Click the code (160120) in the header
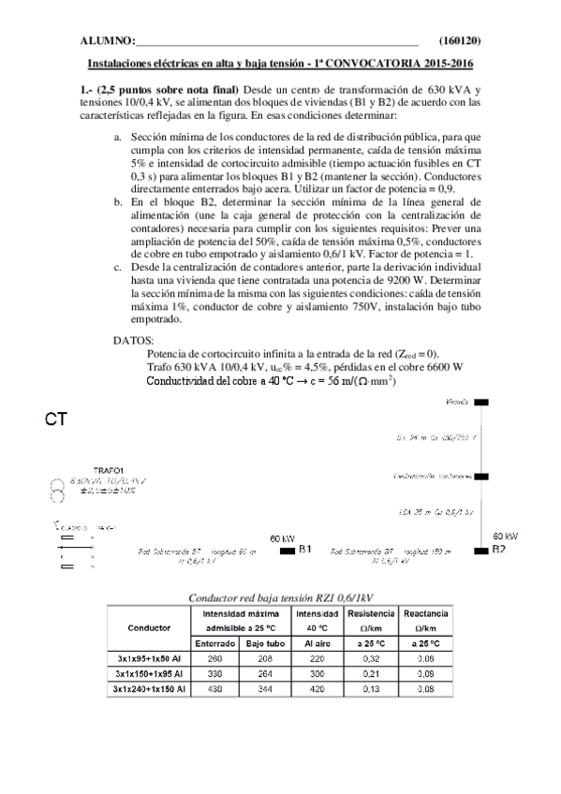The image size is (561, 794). [x=459, y=41]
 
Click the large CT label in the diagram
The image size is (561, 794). [x=55, y=420]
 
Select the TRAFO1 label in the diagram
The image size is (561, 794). [x=110, y=469]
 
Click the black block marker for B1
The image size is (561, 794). [x=287, y=551]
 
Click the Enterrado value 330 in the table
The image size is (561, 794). [x=214, y=674]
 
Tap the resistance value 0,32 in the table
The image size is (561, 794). [x=371, y=660]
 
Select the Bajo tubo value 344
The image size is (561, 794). [x=263, y=689]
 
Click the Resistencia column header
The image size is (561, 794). [x=371, y=612]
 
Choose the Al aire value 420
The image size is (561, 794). [x=316, y=689]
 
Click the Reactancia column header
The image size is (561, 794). [x=425, y=612]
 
